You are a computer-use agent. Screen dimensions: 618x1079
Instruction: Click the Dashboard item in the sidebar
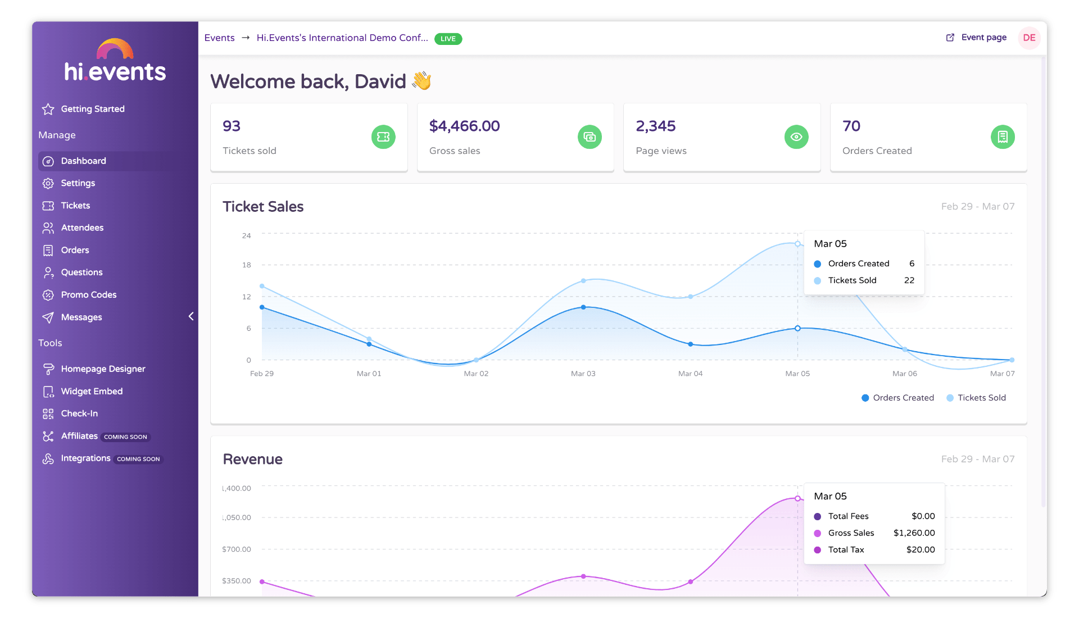click(x=83, y=161)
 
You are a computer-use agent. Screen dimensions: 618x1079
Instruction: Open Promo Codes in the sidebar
click(x=88, y=294)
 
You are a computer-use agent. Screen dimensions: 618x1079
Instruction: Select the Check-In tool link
click(x=79, y=413)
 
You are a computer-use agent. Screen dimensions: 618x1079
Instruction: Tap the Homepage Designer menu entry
click(x=103, y=369)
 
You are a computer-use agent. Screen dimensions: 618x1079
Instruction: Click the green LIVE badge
click(x=448, y=39)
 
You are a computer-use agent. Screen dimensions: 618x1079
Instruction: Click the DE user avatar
click(x=1029, y=38)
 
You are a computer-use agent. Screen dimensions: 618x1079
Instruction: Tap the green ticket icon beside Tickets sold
click(x=383, y=137)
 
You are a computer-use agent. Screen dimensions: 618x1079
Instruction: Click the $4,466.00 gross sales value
click(x=464, y=126)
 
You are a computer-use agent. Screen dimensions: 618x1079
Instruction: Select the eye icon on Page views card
click(x=796, y=137)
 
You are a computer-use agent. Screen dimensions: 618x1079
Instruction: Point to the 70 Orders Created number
click(x=851, y=126)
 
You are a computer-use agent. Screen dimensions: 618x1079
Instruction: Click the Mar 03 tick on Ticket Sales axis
click(x=583, y=374)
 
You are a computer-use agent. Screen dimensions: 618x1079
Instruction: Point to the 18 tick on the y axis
click(x=247, y=265)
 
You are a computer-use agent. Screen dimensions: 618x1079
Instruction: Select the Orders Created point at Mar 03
click(x=583, y=307)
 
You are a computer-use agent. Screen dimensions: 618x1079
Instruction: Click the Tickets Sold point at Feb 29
click(x=262, y=286)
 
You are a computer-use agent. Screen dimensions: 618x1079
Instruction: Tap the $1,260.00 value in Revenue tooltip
click(x=914, y=533)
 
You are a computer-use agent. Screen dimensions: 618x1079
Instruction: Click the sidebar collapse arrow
click(x=191, y=316)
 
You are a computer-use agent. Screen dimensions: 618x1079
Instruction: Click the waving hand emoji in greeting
click(x=421, y=81)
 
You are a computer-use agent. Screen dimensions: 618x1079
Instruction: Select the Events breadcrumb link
click(x=219, y=38)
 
